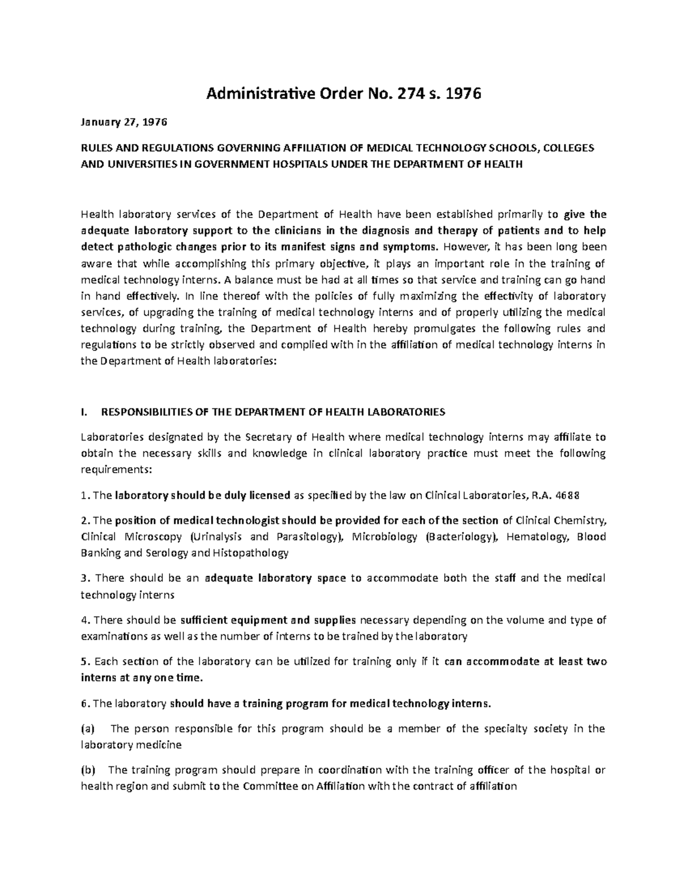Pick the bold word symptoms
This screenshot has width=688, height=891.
tap(411, 247)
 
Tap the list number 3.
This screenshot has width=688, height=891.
tap(84, 578)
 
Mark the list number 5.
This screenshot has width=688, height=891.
tap(84, 662)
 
